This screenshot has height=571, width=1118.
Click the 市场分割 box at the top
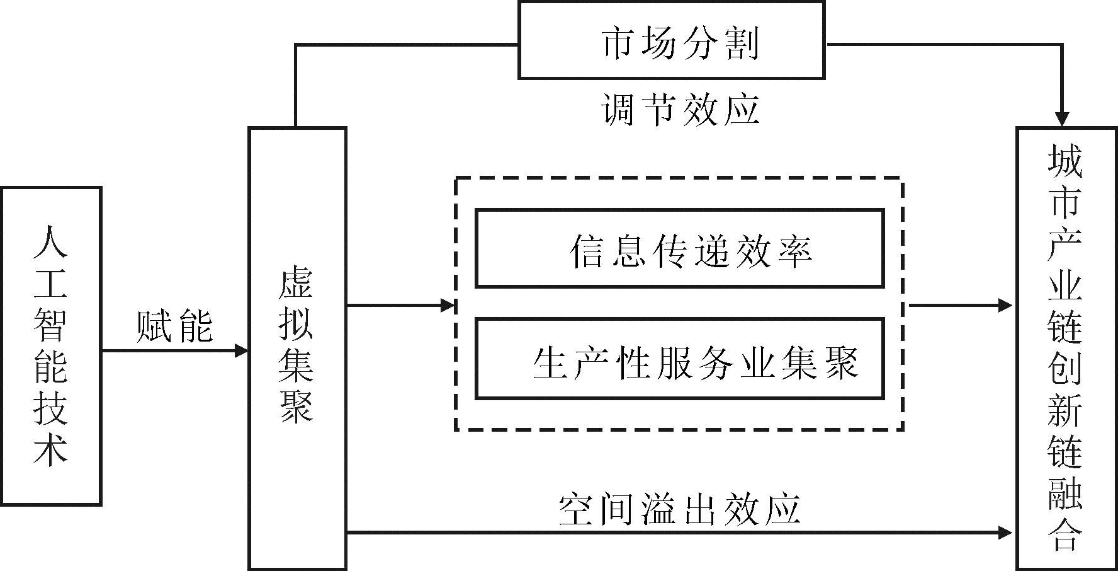tap(671, 41)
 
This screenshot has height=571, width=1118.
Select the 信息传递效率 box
tap(680, 249)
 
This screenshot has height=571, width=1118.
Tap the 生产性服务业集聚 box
tap(680, 359)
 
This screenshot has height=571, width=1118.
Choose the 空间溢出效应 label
tap(680, 509)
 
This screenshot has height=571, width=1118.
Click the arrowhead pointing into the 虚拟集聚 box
tap(241, 350)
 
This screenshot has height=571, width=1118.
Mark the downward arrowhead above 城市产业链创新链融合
tap(1062, 119)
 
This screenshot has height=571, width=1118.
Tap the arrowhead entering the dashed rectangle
tap(448, 306)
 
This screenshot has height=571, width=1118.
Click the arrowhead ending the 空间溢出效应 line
tap(1005, 533)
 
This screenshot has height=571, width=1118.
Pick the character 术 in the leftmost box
tap(50, 451)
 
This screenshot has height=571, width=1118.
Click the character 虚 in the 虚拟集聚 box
tap(296, 282)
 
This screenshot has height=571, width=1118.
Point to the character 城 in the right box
tap(1064, 161)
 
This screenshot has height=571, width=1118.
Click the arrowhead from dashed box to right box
tap(1005, 306)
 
